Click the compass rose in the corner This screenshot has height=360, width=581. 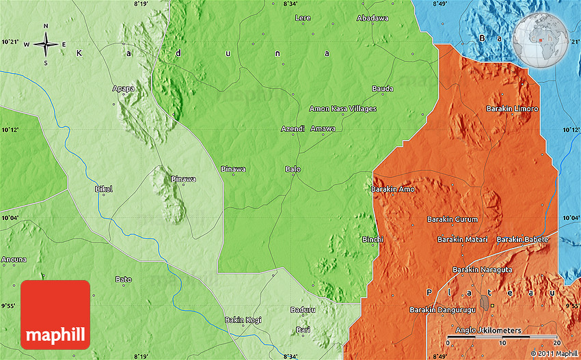46,44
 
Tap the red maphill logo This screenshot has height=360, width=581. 55,314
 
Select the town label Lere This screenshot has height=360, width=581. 302,18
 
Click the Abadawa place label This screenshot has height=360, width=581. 372,18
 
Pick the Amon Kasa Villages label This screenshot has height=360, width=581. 343,109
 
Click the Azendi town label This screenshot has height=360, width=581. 292,128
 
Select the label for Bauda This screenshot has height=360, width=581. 382,89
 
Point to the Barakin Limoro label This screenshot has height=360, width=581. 512,109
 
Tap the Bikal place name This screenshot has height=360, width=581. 103,189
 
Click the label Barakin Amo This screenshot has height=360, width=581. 392,189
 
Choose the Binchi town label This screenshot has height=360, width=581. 373,239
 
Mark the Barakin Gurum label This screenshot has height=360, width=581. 452,219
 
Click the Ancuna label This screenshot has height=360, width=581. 14,259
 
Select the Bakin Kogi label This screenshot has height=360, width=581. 243,320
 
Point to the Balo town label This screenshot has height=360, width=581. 293,169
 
